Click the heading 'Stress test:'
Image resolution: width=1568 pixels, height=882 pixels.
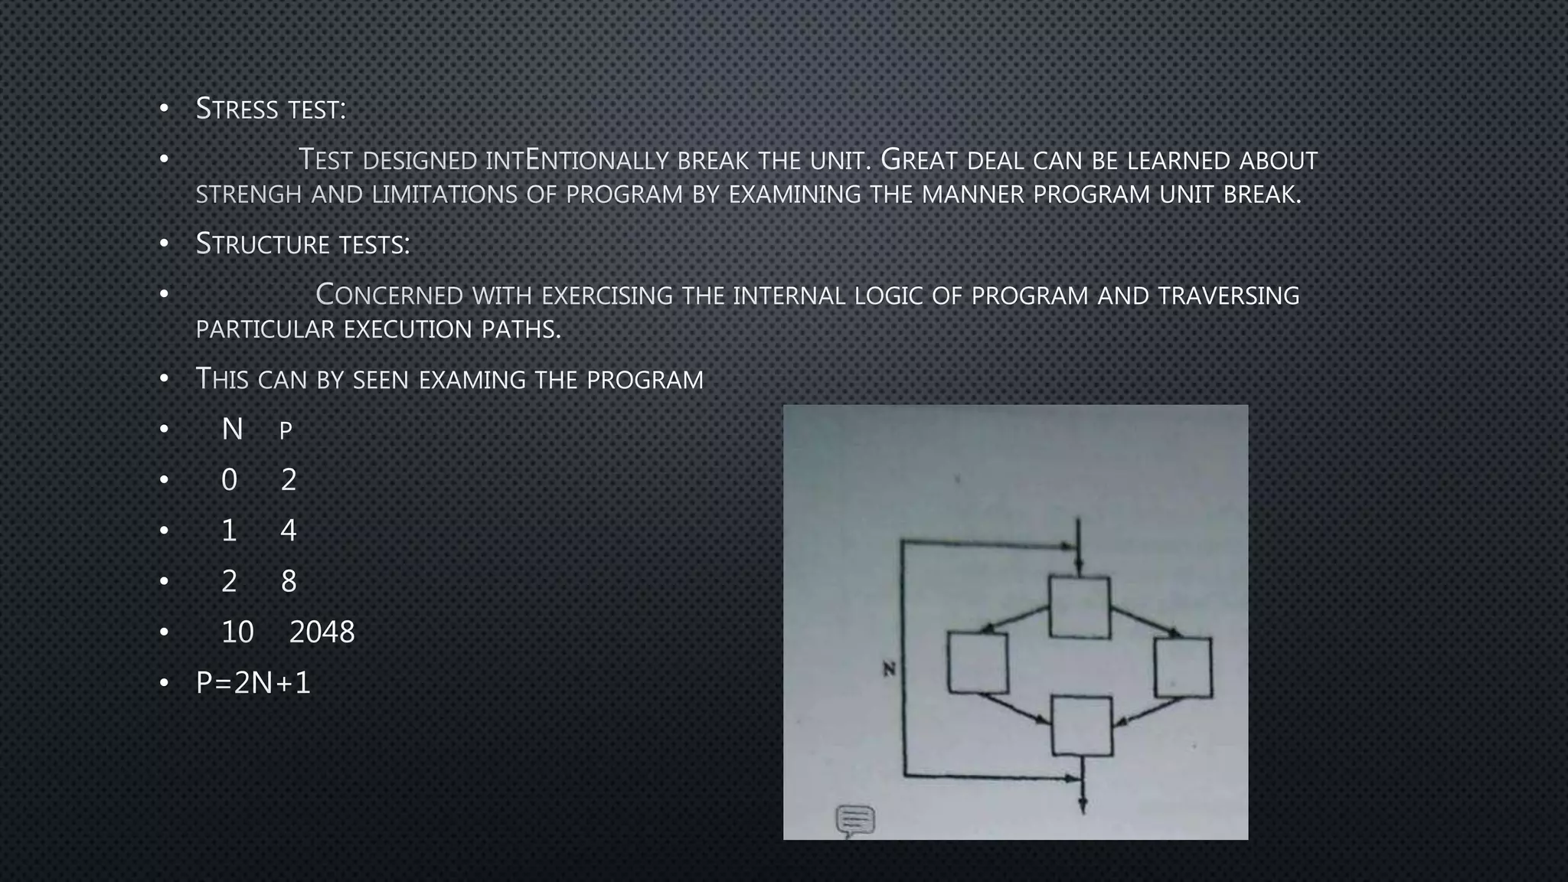(x=271, y=109)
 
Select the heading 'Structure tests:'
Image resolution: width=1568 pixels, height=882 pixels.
(x=303, y=244)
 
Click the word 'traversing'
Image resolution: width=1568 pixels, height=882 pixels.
(x=1228, y=296)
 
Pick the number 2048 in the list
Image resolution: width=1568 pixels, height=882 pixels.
(x=322, y=632)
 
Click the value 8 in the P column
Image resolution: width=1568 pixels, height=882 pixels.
(x=289, y=582)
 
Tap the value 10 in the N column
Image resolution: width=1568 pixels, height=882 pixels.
(x=237, y=632)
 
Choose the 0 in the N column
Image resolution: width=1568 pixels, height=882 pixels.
(x=229, y=480)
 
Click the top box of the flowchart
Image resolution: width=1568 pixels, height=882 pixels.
(x=1080, y=607)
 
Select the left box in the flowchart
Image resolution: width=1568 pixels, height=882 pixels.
(x=978, y=663)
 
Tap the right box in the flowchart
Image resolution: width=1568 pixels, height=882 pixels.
(x=1183, y=667)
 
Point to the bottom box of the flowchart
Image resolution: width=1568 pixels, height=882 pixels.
(x=1081, y=726)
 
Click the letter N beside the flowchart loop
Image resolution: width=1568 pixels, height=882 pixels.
(x=889, y=669)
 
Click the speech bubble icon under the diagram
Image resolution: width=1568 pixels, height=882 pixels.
(x=855, y=821)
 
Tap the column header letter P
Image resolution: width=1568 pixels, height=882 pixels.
(x=286, y=431)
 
